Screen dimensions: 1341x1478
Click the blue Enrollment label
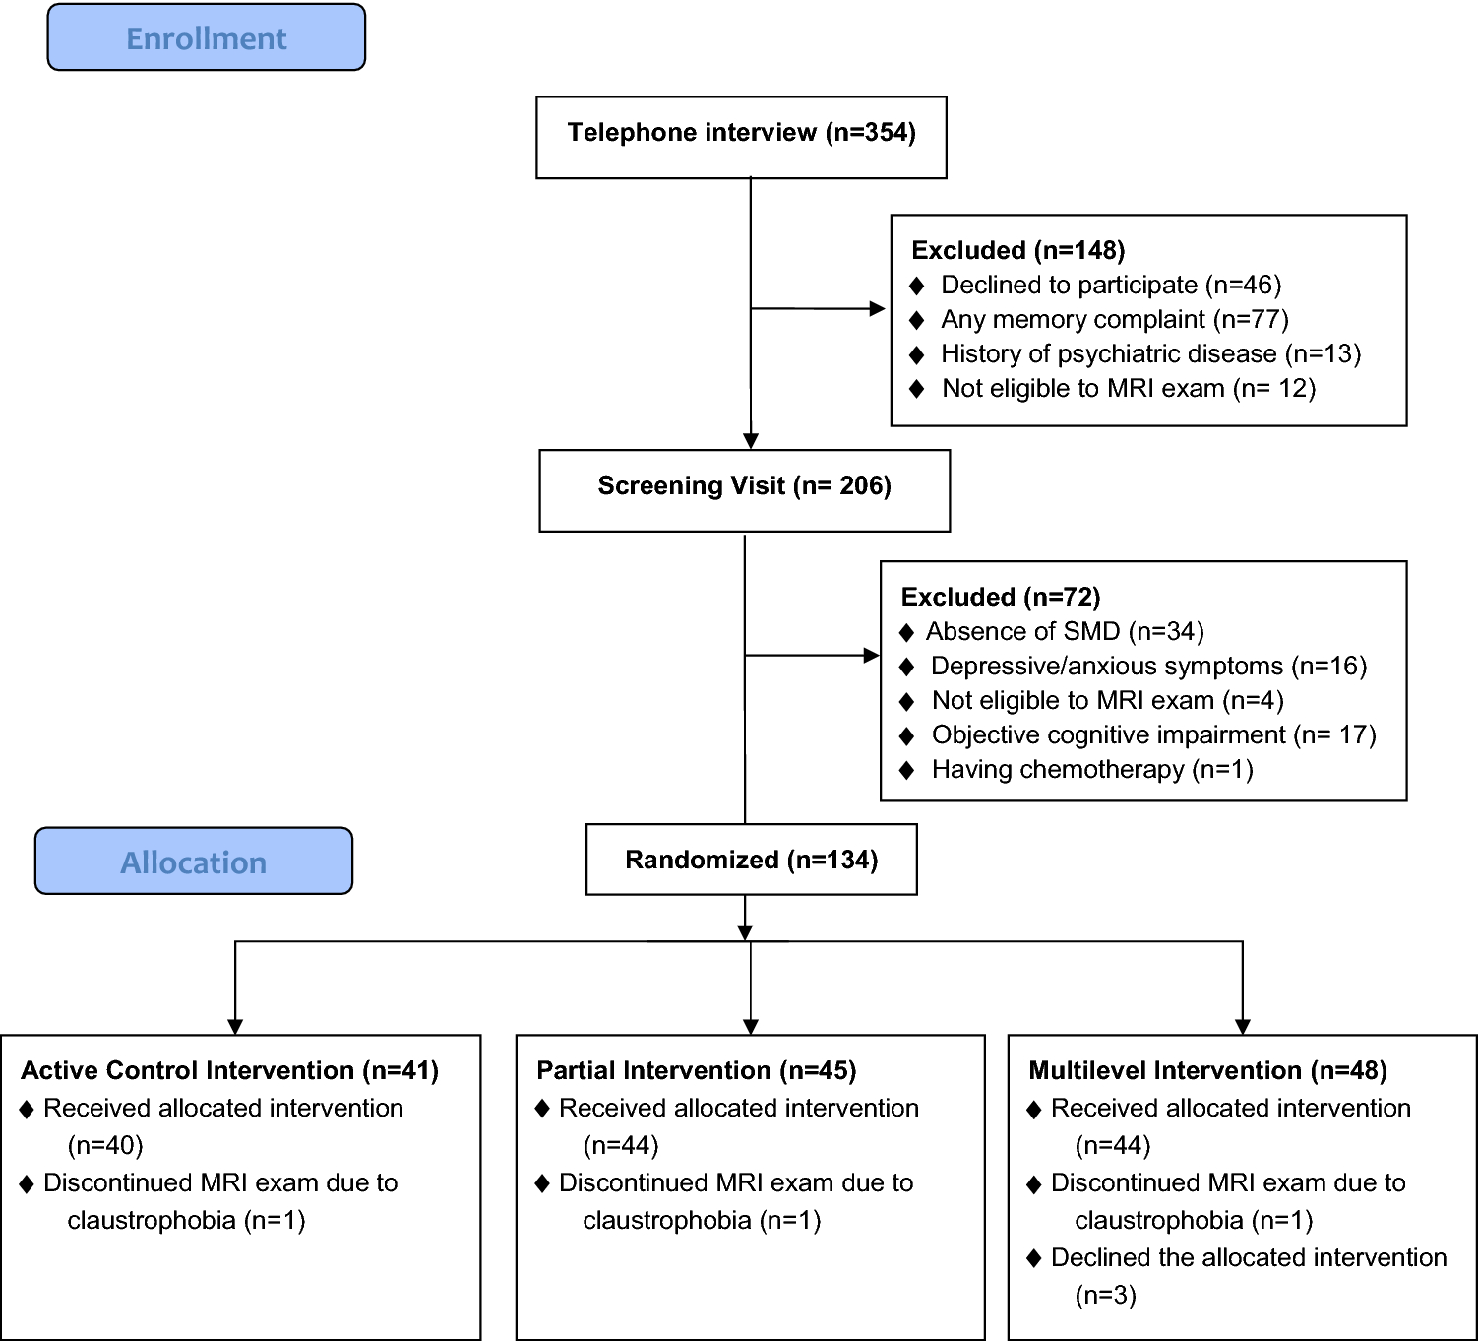pyautogui.click(x=207, y=38)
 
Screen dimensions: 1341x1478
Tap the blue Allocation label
pyautogui.click(x=194, y=862)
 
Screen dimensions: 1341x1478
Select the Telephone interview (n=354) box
pyautogui.click(x=741, y=133)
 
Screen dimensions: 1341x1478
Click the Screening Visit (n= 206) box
pyautogui.click(x=744, y=486)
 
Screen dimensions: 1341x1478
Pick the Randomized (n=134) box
pyautogui.click(x=751, y=861)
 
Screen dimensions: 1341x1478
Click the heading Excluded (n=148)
pyautogui.click(x=1017, y=250)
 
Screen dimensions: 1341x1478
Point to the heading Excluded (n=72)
pyautogui.click(x=1000, y=597)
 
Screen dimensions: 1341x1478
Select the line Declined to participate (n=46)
pyautogui.click(x=1111, y=286)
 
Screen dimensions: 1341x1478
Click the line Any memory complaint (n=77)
pyautogui.click(x=1114, y=320)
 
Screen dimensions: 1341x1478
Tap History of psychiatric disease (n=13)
pyautogui.click(x=1150, y=354)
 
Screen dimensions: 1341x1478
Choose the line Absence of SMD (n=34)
pyautogui.click(x=1065, y=632)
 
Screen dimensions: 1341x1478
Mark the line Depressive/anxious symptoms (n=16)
pyautogui.click(x=1148, y=667)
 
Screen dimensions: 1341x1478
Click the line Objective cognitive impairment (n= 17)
pyautogui.click(x=1153, y=735)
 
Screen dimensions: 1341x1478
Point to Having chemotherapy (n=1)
pyautogui.click(x=1092, y=770)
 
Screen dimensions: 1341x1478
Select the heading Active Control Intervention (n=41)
pyautogui.click(x=230, y=1070)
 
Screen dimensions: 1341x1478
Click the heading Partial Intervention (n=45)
pyautogui.click(x=696, y=1070)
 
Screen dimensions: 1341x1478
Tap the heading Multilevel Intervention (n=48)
pyautogui.click(x=1207, y=1070)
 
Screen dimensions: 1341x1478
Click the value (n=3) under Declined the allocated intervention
pyautogui.click(x=1105, y=1295)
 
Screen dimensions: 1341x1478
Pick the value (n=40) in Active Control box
pyautogui.click(x=105, y=1145)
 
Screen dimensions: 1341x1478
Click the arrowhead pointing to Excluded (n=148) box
pyautogui.click(x=878, y=309)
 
